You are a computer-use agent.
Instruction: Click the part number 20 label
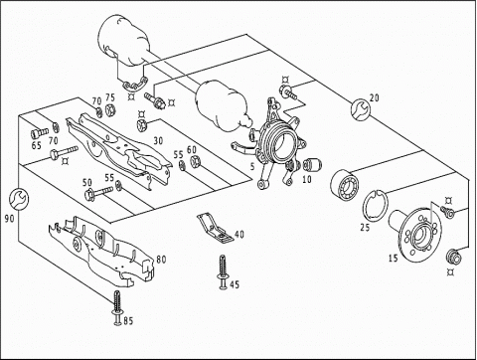click(374, 98)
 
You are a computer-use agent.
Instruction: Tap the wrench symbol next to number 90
click(18, 199)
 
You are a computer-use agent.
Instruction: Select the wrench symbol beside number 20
click(361, 108)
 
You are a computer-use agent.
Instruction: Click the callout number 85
click(128, 321)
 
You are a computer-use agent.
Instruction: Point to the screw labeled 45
click(223, 271)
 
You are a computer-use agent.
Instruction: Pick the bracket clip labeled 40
click(216, 228)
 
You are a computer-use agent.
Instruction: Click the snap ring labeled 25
click(375, 206)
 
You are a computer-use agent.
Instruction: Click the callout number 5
click(252, 166)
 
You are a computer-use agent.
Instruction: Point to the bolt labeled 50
click(98, 193)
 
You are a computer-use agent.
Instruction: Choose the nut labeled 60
click(195, 161)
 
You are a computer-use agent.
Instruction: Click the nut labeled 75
click(109, 109)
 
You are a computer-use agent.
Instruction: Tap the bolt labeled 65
click(40, 133)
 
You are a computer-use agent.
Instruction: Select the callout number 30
click(158, 141)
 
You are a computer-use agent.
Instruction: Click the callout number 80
click(161, 259)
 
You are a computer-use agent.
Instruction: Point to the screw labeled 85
click(117, 307)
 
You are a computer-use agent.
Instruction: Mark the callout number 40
click(239, 235)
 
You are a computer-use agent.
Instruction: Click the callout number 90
click(10, 219)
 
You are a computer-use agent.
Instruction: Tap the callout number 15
click(394, 258)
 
